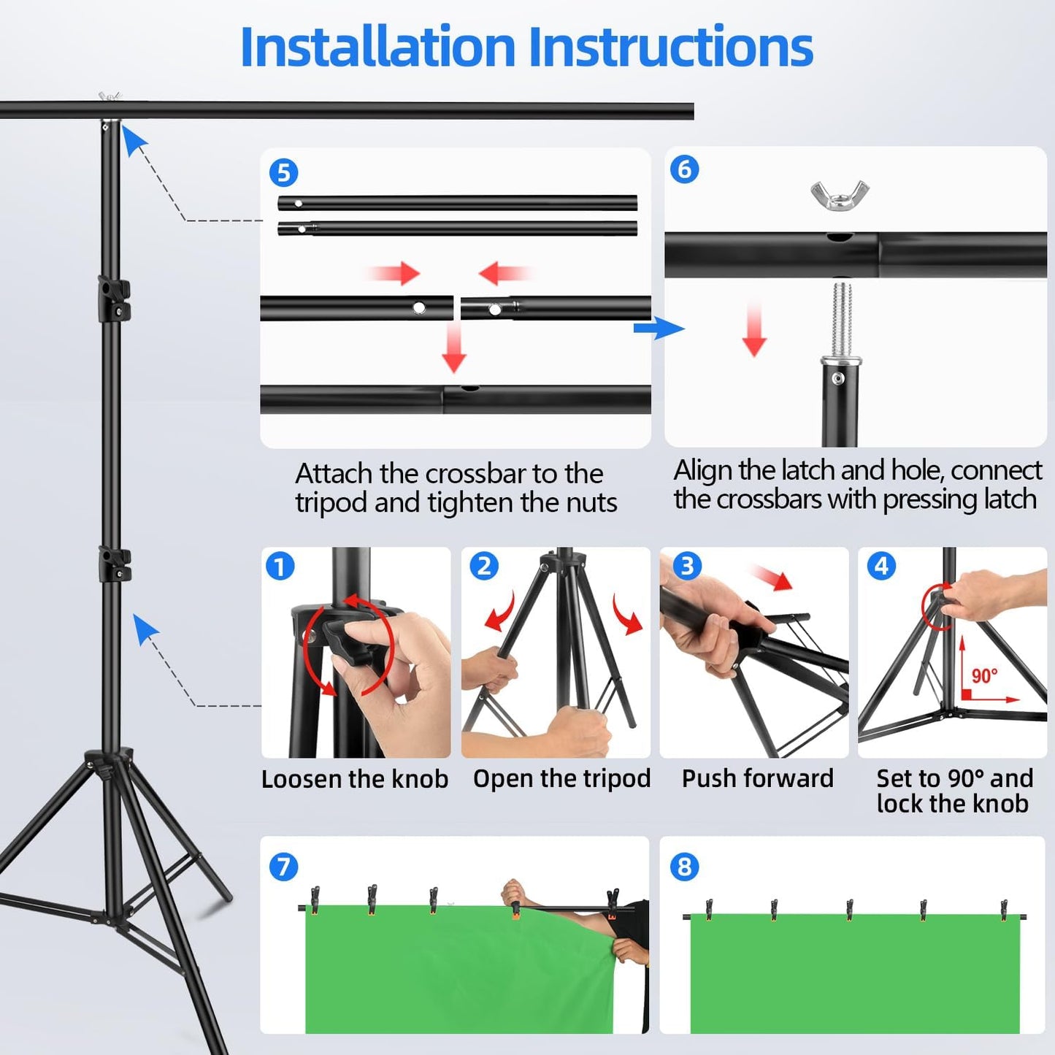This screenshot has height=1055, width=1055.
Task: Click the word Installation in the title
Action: pos(377,47)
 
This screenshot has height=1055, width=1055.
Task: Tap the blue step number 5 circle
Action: pos(283,173)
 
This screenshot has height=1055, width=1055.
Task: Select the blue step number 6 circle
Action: pos(684,169)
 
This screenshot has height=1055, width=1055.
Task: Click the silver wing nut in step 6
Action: pos(840,195)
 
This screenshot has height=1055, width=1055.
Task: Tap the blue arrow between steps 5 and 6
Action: pos(659,328)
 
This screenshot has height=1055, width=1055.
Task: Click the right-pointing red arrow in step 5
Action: pos(394,274)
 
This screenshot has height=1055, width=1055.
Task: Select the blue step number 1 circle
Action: pos(280,566)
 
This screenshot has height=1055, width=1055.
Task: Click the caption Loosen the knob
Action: pos(355,779)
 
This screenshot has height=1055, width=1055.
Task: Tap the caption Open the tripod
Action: pos(561,778)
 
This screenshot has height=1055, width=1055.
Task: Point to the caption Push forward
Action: pos(757,778)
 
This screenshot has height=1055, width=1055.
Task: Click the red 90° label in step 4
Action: pos(983,675)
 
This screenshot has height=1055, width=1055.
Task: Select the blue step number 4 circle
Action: pos(881,566)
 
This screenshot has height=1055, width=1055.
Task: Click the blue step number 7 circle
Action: pos(283,867)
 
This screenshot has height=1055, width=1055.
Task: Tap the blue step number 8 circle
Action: pos(684,867)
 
